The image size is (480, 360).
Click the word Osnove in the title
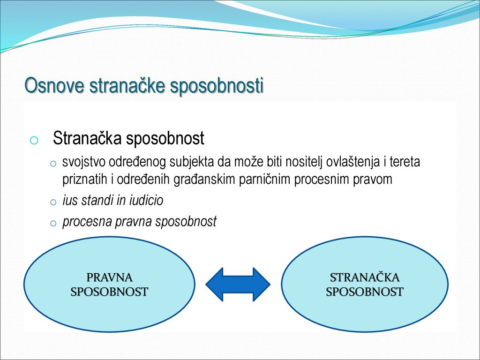pyautogui.click(x=54, y=85)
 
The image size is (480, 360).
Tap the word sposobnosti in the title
pyautogui.click(x=217, y=86)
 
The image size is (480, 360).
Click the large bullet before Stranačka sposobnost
pyautogui.click(x=34, y=140)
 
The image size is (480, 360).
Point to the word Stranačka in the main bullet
pyautogui.click(x=87, y=138)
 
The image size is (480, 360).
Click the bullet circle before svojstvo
pyautogui.click(x=53, y=164)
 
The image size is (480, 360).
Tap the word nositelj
pyautogui.click(x=304, y=162)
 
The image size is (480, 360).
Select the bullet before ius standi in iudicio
pyautogui.click(x=53, y=202)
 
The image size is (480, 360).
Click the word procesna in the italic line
pyautogui.click(x=87, y=222)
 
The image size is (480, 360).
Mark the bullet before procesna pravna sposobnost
pyautogui.click(x=53, y=223)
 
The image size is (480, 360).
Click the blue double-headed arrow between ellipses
pyautogui.click(x=238, y=285)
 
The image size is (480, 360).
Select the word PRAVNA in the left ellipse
pyautogui.click(x=109, y=277)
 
